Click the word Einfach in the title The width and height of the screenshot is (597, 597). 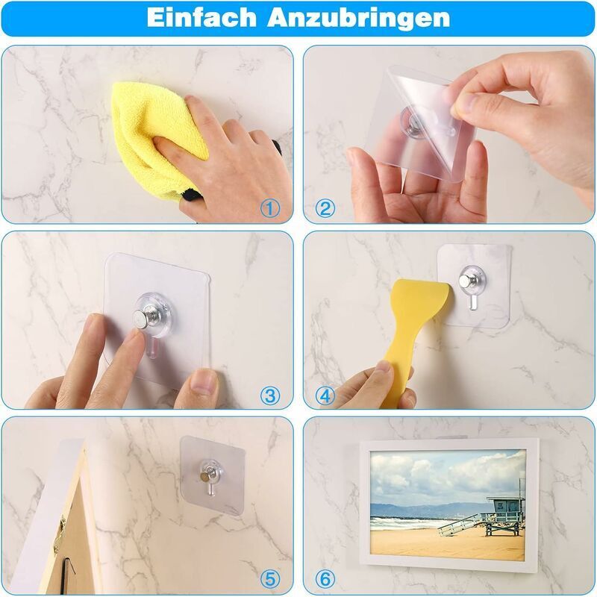[x=201, y=17]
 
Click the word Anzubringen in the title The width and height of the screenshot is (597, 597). [x=358, y=18]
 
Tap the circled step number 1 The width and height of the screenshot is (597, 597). [x=270, y=209]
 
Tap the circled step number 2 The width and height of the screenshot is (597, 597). [x=325, y=209]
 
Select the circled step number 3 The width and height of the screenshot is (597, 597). [x=270, y=396]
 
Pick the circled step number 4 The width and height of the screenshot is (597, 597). [x=325, y=396]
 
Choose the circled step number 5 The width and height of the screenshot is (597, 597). [x=270, y=580]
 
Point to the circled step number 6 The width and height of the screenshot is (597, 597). [x=325, y=580]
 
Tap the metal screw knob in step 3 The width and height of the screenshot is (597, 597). [x=143, y=316]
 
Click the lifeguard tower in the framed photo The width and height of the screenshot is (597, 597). [x=503, y=515]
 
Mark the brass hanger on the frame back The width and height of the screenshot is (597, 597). [x=60, y=535]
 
